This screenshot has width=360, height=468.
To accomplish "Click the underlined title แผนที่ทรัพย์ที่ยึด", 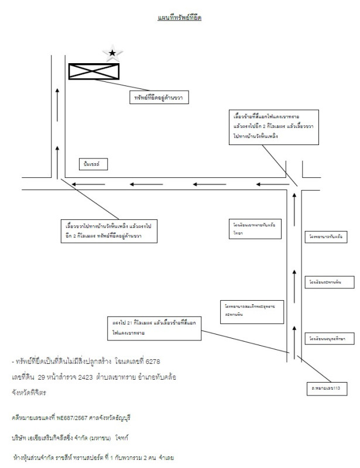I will pyautogui.click(x=180, y=19).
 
